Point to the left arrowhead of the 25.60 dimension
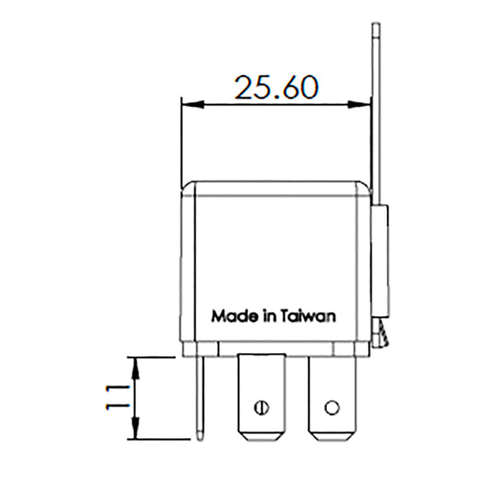[185, 104]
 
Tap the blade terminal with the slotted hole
[261, 395]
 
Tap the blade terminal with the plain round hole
[332, 395]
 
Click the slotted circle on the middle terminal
[262, 406]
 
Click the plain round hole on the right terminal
[332, 406]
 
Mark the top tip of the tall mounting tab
[375, 27]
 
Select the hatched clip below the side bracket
[380, 333]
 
